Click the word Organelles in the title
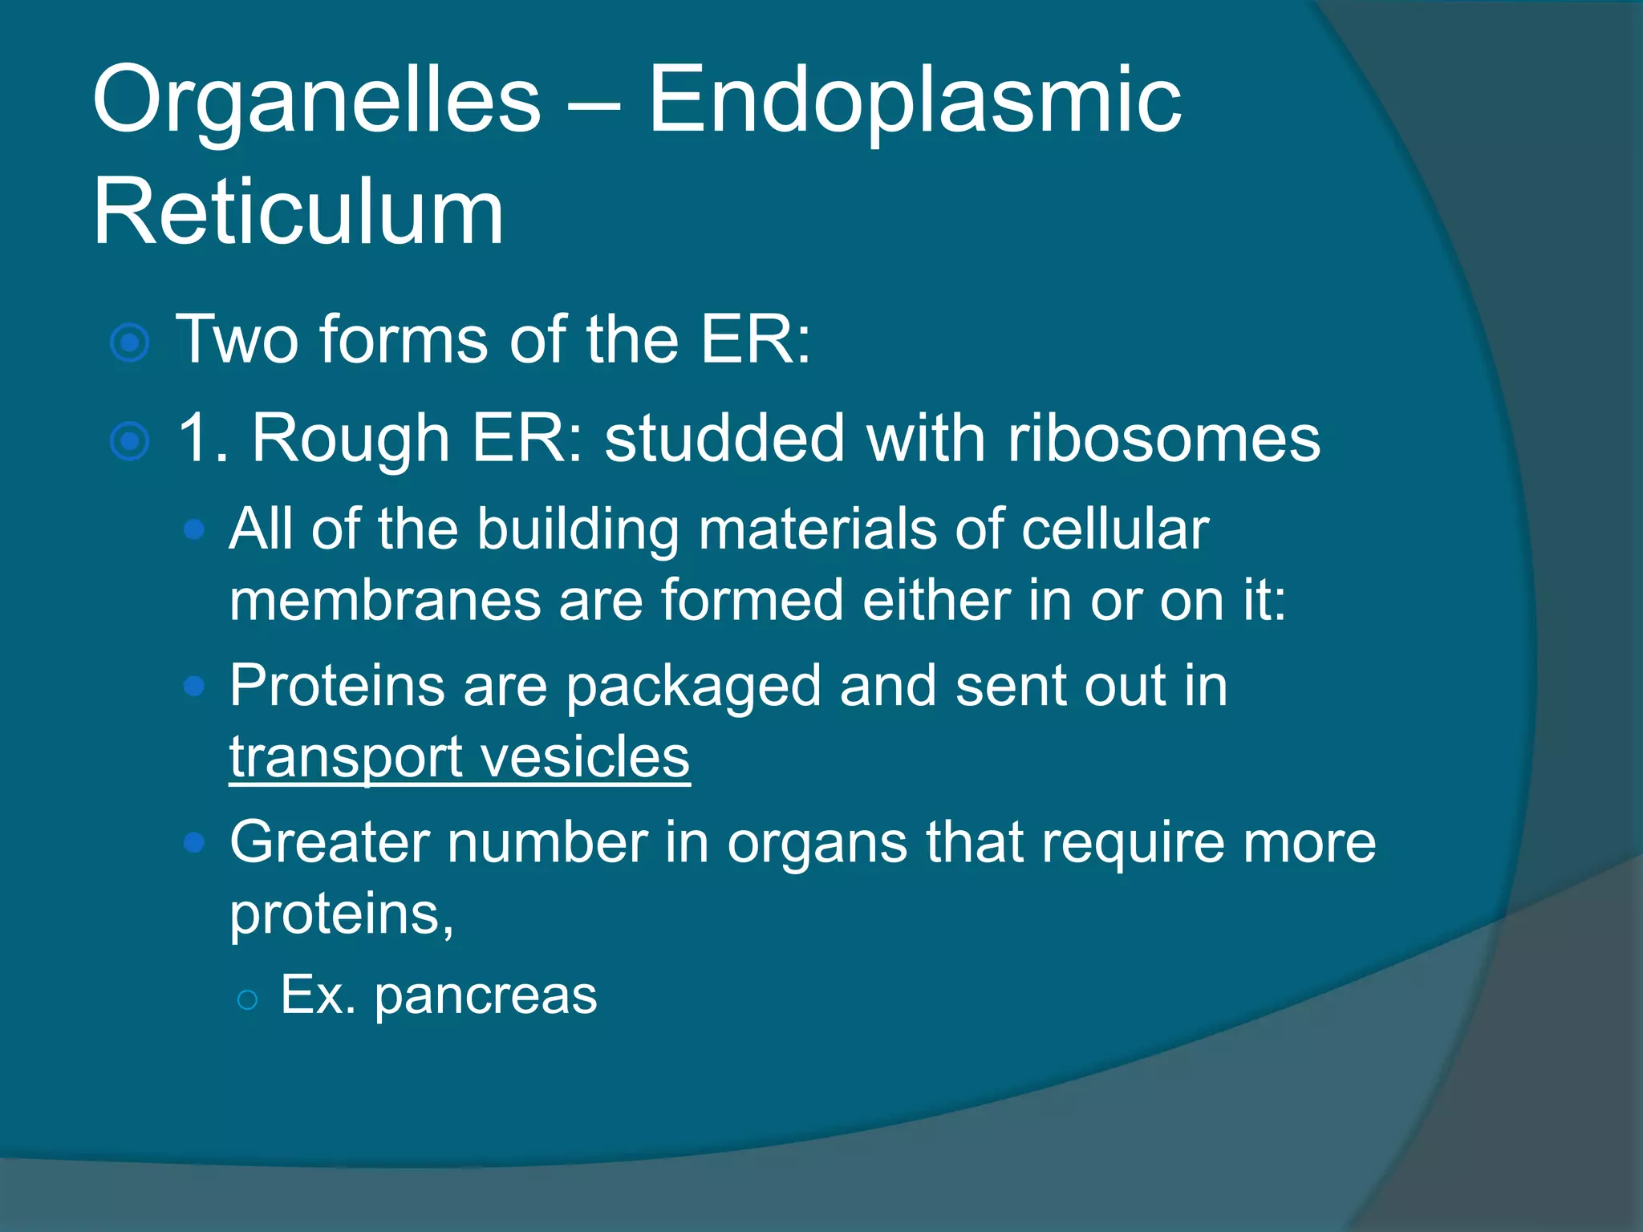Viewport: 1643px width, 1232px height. coord(317,103)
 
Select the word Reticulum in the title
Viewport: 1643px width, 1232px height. coord(298,213)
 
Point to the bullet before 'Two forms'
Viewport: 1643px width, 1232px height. coord(130,343)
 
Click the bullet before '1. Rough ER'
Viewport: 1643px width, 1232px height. coord(130,442)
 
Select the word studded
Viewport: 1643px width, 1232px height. coord(724,439)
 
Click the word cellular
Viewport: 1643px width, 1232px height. coord(1115,529)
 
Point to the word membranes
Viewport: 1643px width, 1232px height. coord(386,601)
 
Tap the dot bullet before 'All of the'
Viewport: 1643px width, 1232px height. coord(194,529)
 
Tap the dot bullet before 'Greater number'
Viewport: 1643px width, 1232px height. coord(194,842)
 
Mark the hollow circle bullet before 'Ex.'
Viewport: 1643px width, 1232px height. coord(247,999)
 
